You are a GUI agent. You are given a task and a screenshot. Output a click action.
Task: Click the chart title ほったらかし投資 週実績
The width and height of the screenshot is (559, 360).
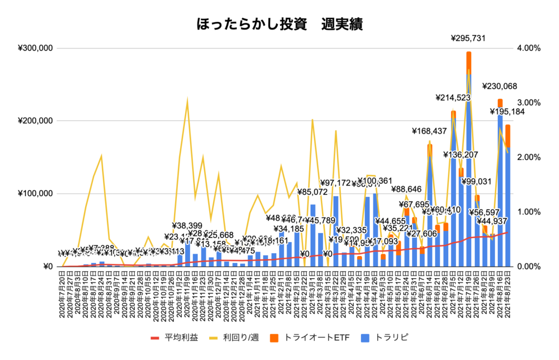click(279, 25)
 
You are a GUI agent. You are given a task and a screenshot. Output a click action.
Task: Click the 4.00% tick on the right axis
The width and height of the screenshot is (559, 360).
click(528, 48)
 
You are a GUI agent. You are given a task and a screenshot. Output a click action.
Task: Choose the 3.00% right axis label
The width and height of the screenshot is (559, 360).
click(528, 103)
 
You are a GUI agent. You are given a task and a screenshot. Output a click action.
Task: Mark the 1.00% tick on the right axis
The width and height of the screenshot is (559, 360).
click(528, 212)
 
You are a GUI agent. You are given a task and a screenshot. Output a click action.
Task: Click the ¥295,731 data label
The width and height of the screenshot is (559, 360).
click(468, 38)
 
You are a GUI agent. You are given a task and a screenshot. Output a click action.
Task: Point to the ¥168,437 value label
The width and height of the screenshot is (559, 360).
click(430, 131)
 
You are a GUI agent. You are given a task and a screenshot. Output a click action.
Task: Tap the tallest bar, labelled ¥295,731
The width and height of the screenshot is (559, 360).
click(468, 164)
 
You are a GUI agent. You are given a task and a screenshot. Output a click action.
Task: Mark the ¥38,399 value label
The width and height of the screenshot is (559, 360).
click(187, 225)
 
